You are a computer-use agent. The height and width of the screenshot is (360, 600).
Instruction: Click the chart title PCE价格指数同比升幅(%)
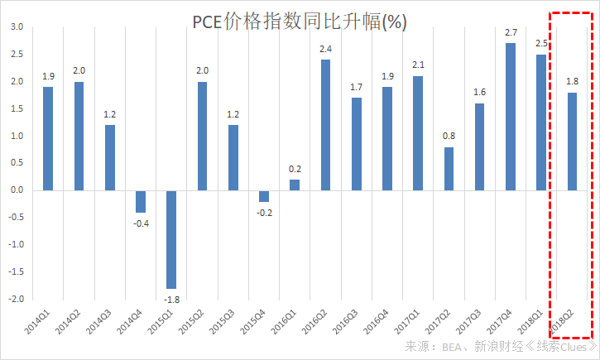coord(300,22)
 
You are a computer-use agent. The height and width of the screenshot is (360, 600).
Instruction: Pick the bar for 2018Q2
coord(572,142)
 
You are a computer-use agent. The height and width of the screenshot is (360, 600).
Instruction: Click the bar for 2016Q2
coord(325,125)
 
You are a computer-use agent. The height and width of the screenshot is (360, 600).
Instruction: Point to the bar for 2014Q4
coord(141,201)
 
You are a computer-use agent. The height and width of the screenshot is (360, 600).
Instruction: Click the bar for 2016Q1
coord(295,185)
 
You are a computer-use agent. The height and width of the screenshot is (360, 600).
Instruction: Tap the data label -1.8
coord(172,299)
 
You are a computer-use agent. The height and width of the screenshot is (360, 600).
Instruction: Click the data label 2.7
coord(511,32)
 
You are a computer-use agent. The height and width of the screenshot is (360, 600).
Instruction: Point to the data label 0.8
coord(449,136)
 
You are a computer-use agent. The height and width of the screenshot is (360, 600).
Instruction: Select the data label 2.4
coord(325,49)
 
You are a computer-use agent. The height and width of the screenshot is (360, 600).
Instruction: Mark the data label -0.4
coord(141,223)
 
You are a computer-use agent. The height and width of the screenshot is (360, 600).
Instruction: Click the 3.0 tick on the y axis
coord(17,27)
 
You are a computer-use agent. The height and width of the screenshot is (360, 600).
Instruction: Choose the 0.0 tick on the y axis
coord(17,190)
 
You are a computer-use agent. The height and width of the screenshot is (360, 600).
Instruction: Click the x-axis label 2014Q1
coord(37,319)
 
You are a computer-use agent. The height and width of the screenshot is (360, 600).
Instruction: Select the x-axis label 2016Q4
coord(376,319)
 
